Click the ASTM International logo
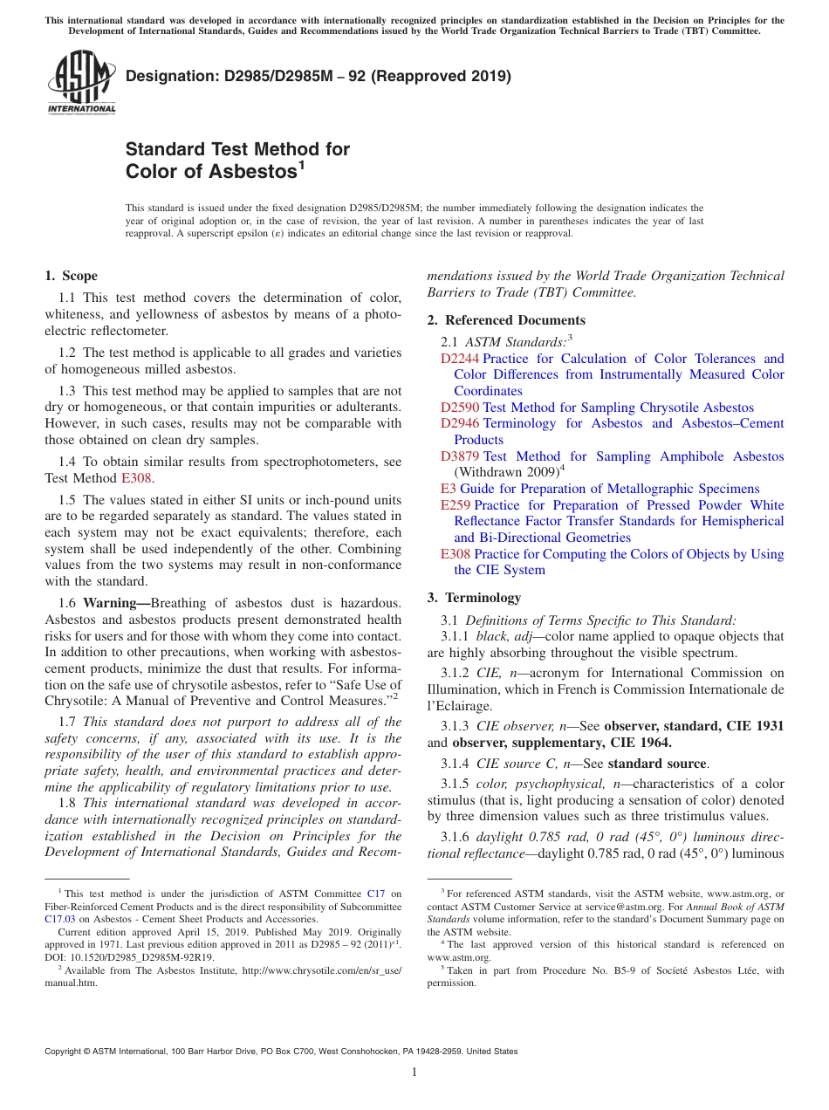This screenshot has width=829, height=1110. [81, 83]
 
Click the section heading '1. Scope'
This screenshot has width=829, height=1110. [71, 276]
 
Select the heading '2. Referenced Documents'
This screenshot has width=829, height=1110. [506, 320]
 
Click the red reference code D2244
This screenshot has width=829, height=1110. [460, 359]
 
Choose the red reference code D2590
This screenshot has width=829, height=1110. [460, 408]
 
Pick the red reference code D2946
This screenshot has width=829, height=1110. [460, 423]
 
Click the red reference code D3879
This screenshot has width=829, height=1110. [460, 456]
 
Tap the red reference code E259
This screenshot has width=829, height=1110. [456, 505]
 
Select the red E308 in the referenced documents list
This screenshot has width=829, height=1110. [456, 554]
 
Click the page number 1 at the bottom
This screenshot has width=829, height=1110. [414, 1072]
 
